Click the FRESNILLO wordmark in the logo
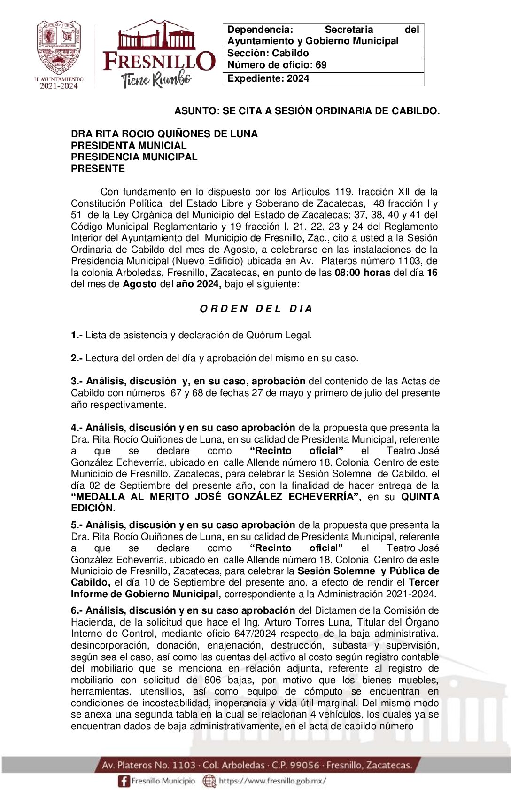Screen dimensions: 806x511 [x=159, y=61]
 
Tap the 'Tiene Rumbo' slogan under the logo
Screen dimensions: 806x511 [x=156, y=79]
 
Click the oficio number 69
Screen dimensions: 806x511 [x=321, y=65]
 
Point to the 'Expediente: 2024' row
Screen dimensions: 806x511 [x=268, y=78]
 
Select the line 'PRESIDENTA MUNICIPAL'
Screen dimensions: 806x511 [x=129, y=145]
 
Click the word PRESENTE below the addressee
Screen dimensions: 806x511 [x=98, y=168]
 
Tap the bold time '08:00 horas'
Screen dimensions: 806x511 [x=362, y=273]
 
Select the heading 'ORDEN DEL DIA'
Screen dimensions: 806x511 [x=256, y=309]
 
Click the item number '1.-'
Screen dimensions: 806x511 [x=77, y=335]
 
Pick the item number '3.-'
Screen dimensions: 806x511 [x=77, y=381]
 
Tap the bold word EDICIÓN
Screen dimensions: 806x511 [x=92, y=508]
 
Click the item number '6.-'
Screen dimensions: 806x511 [x=77, y=610]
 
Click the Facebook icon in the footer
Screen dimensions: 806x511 [x=124, y=781]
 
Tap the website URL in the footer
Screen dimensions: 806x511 [x=272, y=781]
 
